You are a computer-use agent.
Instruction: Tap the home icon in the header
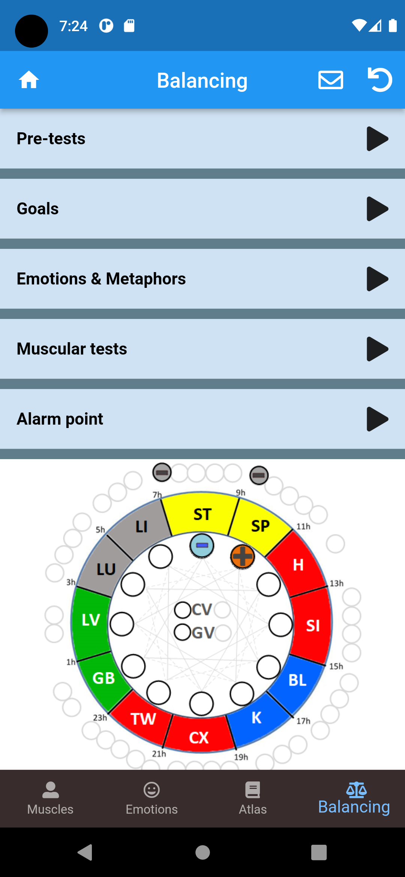point(29,80)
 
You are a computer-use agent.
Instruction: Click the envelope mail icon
point(330,80)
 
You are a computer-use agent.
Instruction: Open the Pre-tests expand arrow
point(377,139)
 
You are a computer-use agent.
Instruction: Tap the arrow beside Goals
point(377,209)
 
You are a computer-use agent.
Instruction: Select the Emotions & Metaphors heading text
point(101,279)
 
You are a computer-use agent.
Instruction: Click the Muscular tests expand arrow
point(377,349)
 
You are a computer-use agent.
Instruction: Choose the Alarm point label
point(60,419)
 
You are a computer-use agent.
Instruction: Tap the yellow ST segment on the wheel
point(202,514)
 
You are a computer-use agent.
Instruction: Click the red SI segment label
point(313,626)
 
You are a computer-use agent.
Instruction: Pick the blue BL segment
point(298,680)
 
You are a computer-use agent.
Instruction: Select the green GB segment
point(103,678)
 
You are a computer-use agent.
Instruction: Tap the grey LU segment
point(106,569)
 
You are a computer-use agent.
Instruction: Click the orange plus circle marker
point(242,556)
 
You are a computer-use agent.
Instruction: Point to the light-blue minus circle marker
point(202,545)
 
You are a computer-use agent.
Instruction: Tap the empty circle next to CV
point(183,610)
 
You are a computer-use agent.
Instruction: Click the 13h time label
point(336,583)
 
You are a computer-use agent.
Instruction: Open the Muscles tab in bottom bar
point(50,799)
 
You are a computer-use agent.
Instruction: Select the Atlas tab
point(253,799)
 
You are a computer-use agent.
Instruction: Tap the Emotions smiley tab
point(151,799)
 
